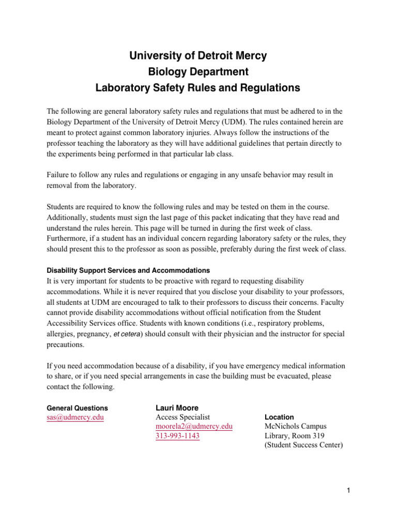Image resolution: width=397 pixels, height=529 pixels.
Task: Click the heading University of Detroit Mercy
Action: click(x=198, y=56)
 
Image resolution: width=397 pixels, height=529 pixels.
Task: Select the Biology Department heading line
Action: click(x=198, y=72)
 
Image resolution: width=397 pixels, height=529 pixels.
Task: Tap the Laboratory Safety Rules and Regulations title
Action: click(x=198, y=88)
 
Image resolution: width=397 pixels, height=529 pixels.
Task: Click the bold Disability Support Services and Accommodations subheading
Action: click(x=128, y=270)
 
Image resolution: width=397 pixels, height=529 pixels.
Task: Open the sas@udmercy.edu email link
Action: click(x=75, y=417)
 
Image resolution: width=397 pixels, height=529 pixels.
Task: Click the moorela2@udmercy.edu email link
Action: click(x=194, y=426)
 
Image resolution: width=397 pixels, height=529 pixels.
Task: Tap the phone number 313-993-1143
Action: click(x=177, y=436)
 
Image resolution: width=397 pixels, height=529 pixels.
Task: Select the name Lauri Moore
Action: click(x=177, y=408)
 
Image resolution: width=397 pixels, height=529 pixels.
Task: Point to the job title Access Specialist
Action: click(x=183, y=417)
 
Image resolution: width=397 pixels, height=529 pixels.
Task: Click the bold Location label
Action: click(x=279, y=417)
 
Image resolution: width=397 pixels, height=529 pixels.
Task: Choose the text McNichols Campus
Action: click(x=295, y=426)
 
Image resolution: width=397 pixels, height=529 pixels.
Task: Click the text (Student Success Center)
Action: click(x=303, y=445)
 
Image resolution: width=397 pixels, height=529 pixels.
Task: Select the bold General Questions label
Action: click(x=78, y=408)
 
